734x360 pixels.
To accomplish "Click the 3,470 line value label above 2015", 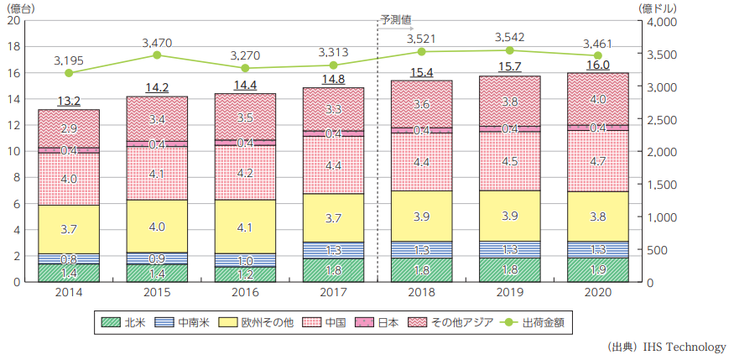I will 157,41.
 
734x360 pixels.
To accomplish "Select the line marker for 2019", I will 510,50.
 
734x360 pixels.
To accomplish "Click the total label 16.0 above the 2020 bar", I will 598,65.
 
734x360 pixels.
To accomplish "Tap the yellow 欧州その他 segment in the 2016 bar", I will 245,226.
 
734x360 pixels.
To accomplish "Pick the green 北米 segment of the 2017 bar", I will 333,270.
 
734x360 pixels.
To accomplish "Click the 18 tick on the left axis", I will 14,47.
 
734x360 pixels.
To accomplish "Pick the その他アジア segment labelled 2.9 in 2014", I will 68,128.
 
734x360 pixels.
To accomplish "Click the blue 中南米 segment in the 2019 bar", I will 510,249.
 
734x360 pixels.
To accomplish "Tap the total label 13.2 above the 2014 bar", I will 68,101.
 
